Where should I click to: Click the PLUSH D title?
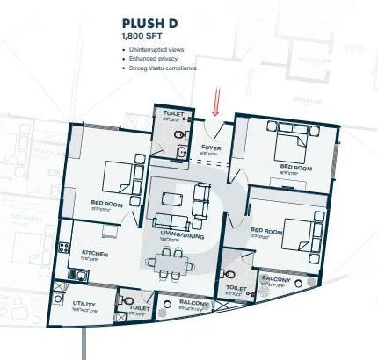pyautogui.click(x=149, y=25)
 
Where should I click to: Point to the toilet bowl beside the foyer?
pyautogui.click(x=180, y=134)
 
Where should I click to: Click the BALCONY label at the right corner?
pyautogui.click(x=278, y=278)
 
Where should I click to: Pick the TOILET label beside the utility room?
pyautogui.click(x=140, y=308)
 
